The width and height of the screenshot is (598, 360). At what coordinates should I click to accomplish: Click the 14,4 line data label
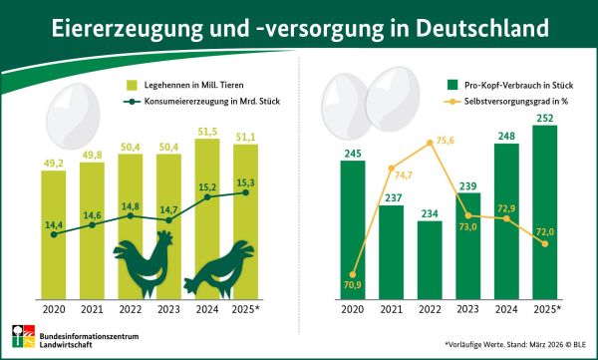52,226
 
